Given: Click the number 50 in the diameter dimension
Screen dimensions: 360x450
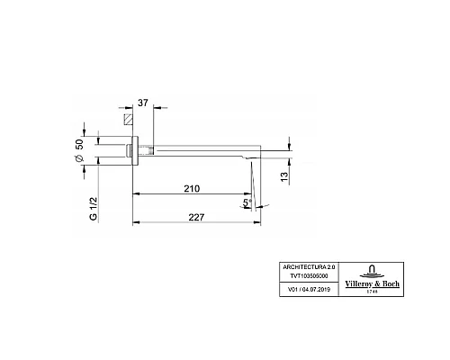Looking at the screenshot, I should click(x=80, y=147).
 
